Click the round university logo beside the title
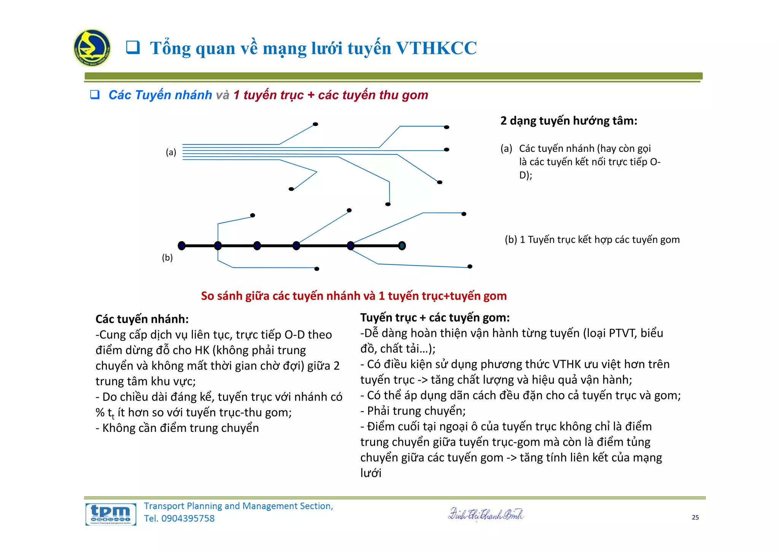point(92,48)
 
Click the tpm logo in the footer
point(111,514)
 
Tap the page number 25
point(695,517)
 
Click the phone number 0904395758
point(188,518)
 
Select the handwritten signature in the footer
point(486,514)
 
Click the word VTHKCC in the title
point(436,48)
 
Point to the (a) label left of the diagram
point(171,152)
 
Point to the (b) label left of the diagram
point(167,258)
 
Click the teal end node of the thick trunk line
point(402,246)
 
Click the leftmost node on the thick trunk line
point(182,246)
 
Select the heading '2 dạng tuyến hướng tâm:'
point(569,121)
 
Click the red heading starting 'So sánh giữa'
point(354,296)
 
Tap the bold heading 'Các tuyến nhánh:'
point(142,319)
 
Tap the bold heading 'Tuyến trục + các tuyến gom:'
point(435,318)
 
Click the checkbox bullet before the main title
point(133,48)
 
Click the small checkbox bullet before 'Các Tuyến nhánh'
point(95,95)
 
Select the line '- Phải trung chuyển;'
point(413,411)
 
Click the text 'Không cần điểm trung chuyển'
point(181,428)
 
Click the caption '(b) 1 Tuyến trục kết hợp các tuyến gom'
point(592,240)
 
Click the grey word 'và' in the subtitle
point(223,95)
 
